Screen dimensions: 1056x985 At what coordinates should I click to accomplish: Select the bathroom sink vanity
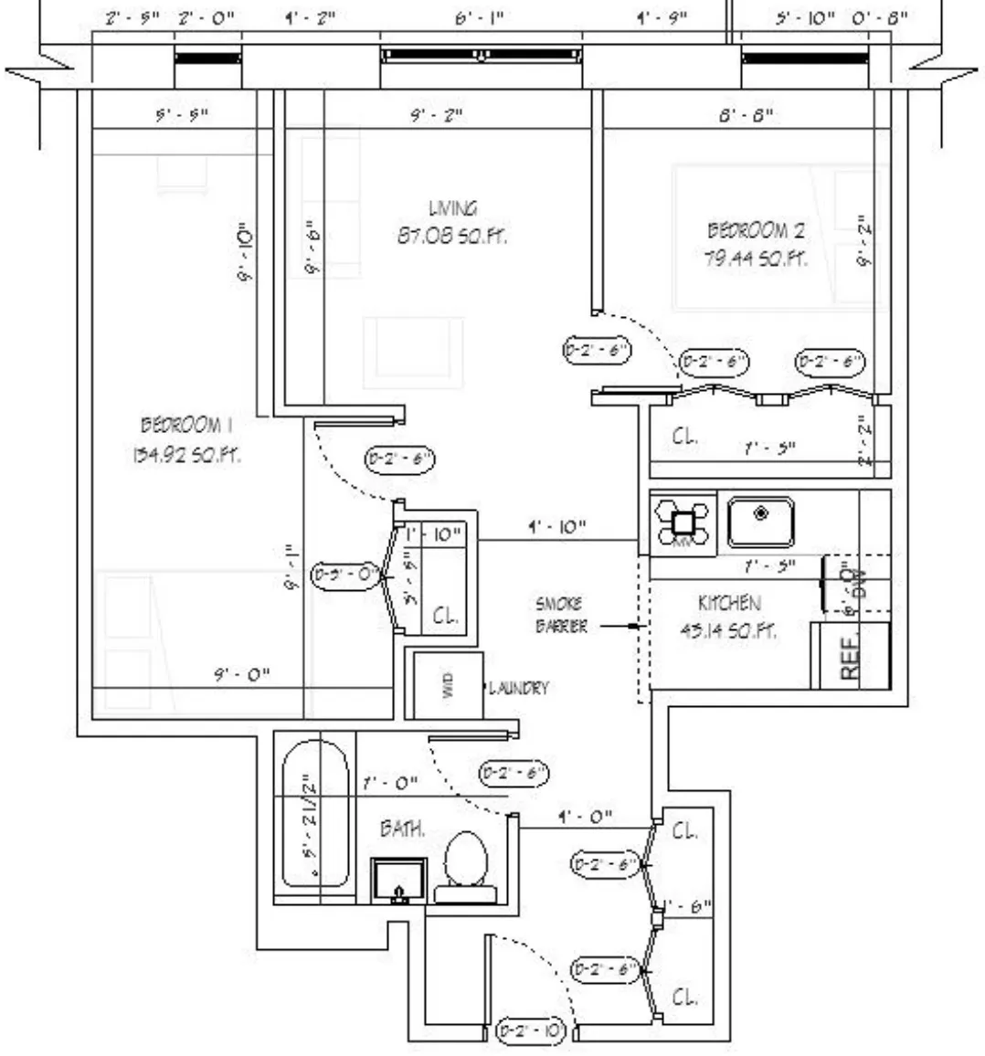tap(398, 881)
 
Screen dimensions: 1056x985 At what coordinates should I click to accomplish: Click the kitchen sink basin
tap(760, 522)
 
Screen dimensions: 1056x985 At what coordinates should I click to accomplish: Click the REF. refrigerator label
tap(850, 656)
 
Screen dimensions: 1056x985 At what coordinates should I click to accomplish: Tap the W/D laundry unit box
tap(447, 685)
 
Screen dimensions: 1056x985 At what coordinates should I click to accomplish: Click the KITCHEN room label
tap(729, 603)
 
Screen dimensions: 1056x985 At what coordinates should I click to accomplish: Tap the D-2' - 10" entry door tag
tap(531, 1030)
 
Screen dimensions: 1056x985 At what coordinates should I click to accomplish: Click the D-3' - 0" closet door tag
tap(345, 575)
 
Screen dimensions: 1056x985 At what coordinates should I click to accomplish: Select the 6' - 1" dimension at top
tap(479, 18)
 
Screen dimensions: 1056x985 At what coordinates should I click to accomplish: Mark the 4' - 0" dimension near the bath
tap(584, 816)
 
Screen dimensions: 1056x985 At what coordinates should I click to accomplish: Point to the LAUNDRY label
tap(519, 688)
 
